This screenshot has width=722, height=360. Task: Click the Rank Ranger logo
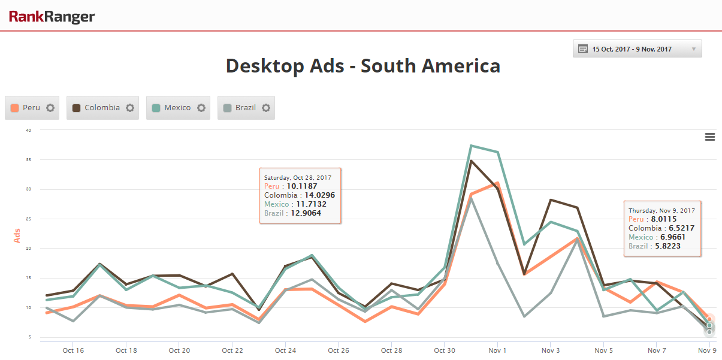(x=52, y=16)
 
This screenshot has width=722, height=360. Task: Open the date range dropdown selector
(x=637, y=49)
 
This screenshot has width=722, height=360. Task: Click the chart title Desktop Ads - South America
(x=362, y=66)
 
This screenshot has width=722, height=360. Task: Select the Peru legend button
(x=32, y=108)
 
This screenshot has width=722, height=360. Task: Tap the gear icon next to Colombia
(x=129, y=108)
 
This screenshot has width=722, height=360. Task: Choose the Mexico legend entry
(x=177, y=108)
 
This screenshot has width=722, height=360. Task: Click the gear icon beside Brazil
(x=266, y=108)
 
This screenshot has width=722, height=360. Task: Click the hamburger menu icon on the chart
(x=710, y=137)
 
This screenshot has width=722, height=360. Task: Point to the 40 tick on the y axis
(x=28, y=130)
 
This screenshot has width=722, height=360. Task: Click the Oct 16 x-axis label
(x=73, y=350)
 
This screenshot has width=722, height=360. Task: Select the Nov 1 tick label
(x=497, y=350)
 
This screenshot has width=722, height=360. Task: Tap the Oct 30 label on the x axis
(x=444, y=350)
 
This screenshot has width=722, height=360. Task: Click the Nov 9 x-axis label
(x=707, y=350)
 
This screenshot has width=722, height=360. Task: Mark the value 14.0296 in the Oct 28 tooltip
(x=319, y=195)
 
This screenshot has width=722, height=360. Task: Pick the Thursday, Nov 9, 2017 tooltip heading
(x=661, y=211)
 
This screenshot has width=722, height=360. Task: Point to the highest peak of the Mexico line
(x=472, y=146)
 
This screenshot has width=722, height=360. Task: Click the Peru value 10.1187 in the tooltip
(x=303, y=186)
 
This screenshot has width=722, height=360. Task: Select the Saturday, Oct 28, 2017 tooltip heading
(x=298, y=177)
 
